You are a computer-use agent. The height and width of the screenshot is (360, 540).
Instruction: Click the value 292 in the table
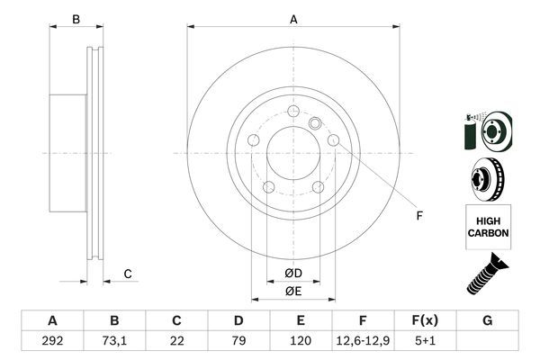[51, 341]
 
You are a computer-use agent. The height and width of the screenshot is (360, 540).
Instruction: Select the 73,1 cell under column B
[114, 341]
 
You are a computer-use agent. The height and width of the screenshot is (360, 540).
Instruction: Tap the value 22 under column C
[176, 341]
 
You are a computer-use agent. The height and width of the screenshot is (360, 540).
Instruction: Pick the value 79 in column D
[238, 341]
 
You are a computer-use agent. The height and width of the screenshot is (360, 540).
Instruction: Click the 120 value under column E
[301, 341]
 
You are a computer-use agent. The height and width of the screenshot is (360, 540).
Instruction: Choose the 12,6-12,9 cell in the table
[363, 341]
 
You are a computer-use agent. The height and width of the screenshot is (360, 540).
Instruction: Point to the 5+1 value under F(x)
[425, 341]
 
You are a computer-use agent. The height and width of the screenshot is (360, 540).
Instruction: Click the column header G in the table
[487, 320]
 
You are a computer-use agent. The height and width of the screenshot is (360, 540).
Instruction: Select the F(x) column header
[425, 320]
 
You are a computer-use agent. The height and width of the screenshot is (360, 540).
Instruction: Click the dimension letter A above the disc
[293, 19]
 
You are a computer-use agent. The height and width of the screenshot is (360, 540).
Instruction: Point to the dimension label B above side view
[76, 19]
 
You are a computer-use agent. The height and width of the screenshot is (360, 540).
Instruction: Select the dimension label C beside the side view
[129, 274]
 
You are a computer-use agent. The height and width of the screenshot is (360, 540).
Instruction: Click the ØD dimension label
[293, 273]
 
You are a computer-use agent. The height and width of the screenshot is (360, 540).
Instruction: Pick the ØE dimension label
[293, 291]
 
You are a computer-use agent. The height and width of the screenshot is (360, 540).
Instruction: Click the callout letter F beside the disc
[418, 215]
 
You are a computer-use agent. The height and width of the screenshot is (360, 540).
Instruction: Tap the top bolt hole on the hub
[293, 112]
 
